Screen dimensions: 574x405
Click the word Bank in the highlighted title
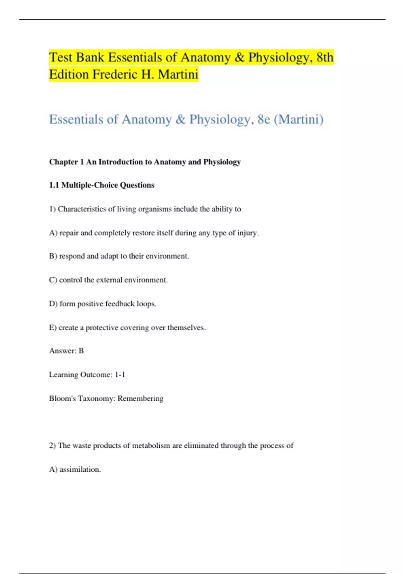coord(90,57)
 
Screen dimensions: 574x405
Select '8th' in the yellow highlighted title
coord(325,57)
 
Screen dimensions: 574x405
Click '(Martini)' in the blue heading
coord(298,119)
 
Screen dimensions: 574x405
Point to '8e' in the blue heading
coord(264,119)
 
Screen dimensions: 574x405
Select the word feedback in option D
coord(120,304)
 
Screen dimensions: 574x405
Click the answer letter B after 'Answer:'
coord(81,351)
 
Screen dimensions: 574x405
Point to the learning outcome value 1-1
coord(120,374)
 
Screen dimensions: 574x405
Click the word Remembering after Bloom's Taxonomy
coord(140,398)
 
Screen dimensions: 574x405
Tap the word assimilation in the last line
coord(80,469)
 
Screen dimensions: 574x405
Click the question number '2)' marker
coord(52,446)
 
